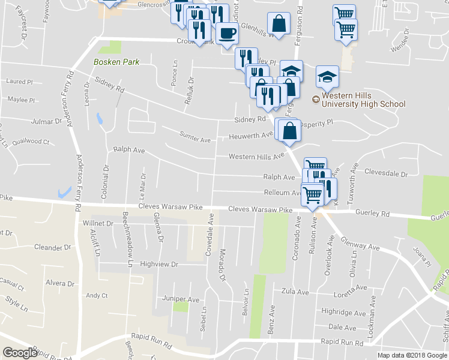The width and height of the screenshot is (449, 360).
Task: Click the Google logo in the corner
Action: tap(20, 353)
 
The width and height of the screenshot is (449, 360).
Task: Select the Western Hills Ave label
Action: tap(255, 157)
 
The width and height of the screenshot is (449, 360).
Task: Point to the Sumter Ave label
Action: tap(195, 140)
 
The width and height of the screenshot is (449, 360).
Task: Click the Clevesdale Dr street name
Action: tap(385, 174)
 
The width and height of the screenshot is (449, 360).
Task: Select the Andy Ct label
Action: tap(96, 295)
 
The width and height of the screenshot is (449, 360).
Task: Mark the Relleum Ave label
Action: tap(283, 193)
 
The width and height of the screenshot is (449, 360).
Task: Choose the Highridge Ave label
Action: tap(343, 313)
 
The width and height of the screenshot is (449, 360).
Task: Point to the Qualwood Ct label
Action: tap(31, 142)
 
